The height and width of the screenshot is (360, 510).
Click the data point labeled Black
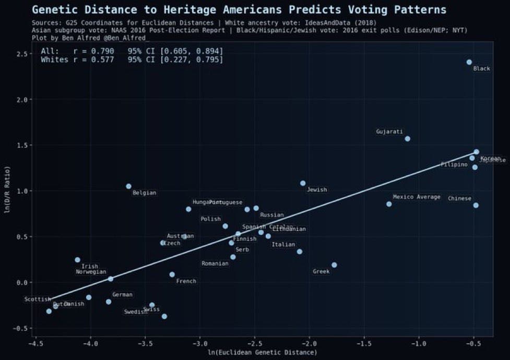tap(469, 62)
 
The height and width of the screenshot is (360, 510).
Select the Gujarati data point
tap(407, 139)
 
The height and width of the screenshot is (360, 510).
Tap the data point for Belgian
tap(128, 186)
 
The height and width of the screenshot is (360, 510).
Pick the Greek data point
tap(334, 265)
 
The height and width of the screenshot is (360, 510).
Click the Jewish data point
tap(303, 183)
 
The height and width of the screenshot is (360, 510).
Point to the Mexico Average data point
tap(389, 204)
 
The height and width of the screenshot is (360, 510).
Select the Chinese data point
tap(476, 205)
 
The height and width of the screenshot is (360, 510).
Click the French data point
tap(172, 274)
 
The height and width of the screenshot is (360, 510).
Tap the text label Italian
tap(283, 245)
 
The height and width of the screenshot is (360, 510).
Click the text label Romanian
tap(215, 264)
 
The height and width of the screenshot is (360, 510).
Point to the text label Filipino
tap(454, 165)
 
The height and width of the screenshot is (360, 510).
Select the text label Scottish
tap(38, 299)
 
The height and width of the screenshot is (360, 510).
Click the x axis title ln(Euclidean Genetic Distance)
tap(263, 353)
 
